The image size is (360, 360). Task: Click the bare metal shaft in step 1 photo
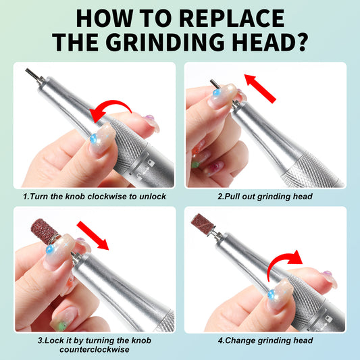point(29,74)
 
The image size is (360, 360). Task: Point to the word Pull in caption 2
point(234,197)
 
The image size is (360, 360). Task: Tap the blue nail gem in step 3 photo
point(49,250)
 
